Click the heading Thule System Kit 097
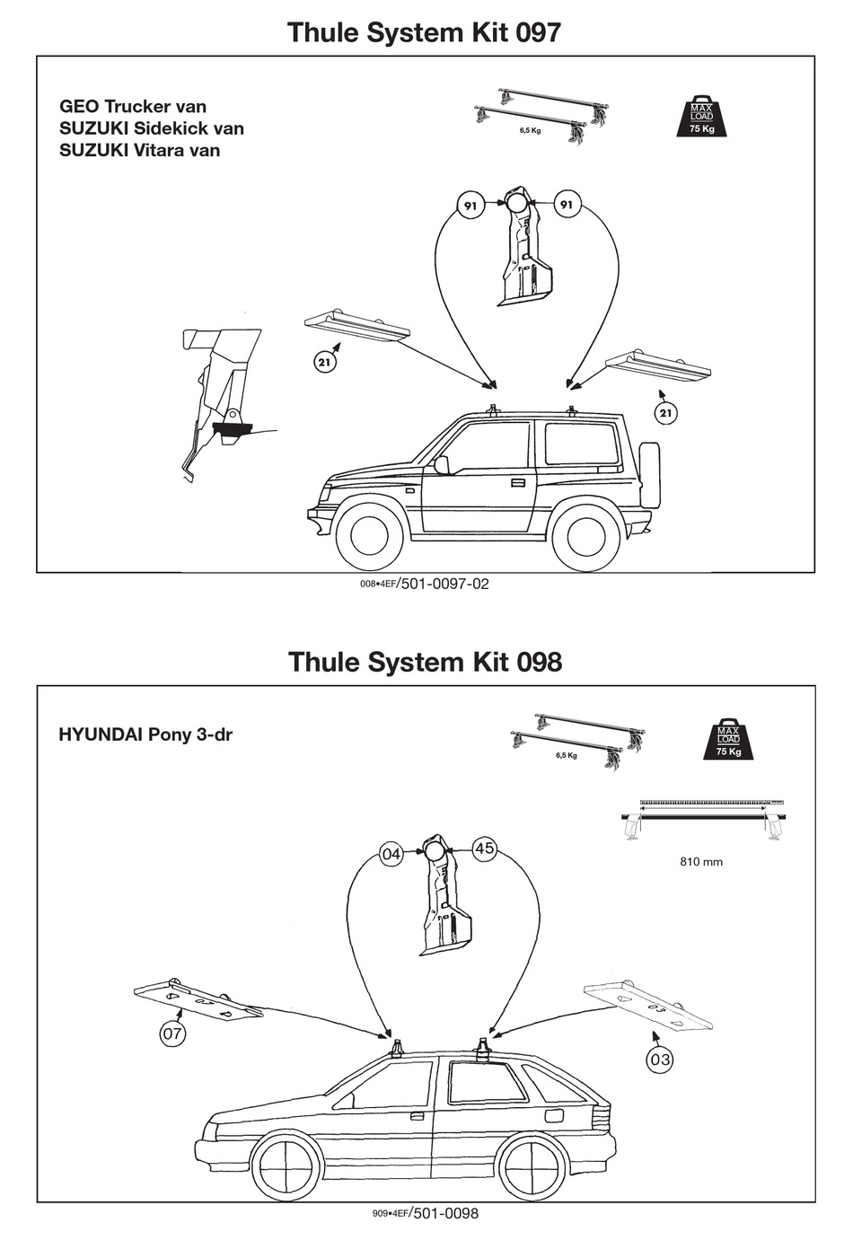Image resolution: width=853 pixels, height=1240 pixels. click(424, 32)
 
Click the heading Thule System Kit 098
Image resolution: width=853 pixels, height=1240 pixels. click(425, 662)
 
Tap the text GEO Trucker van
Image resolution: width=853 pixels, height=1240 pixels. click(133, 107)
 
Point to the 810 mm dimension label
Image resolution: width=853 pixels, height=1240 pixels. click(701, 862)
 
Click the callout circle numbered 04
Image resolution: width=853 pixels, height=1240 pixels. click(391, 855)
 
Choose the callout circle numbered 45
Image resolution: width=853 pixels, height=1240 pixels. click(484, 849)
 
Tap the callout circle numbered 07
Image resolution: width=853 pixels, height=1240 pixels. click(172, 1033)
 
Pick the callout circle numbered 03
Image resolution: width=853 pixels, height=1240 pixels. click(660, 1060)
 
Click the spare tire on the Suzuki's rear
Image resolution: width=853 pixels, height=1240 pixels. click(648, 475)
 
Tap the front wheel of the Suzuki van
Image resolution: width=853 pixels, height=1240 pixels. click(369, 536)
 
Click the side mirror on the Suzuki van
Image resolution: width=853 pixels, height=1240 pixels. click(441, 464)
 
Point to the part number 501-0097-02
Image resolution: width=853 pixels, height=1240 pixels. click(444, 584)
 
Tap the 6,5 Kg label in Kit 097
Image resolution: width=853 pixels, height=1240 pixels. click(530, 130)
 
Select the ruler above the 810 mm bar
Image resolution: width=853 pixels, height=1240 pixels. click(711, 801)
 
